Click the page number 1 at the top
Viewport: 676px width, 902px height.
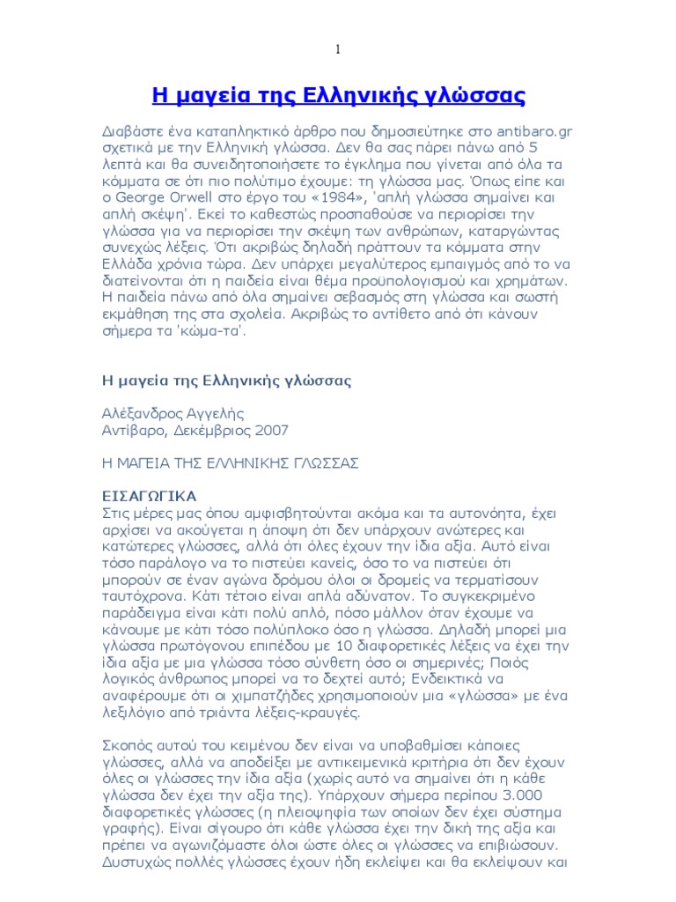pyautogui.click(x=337, y=49)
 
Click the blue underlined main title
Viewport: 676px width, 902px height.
pyautogui.click(x=338, y=94)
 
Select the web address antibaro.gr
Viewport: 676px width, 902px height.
pyautogui.click(x=533, y=131)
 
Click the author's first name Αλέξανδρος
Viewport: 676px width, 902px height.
pyautogui.click(x=143, y=413)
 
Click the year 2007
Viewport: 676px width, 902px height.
pyautogui.click(x=270, y=430)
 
